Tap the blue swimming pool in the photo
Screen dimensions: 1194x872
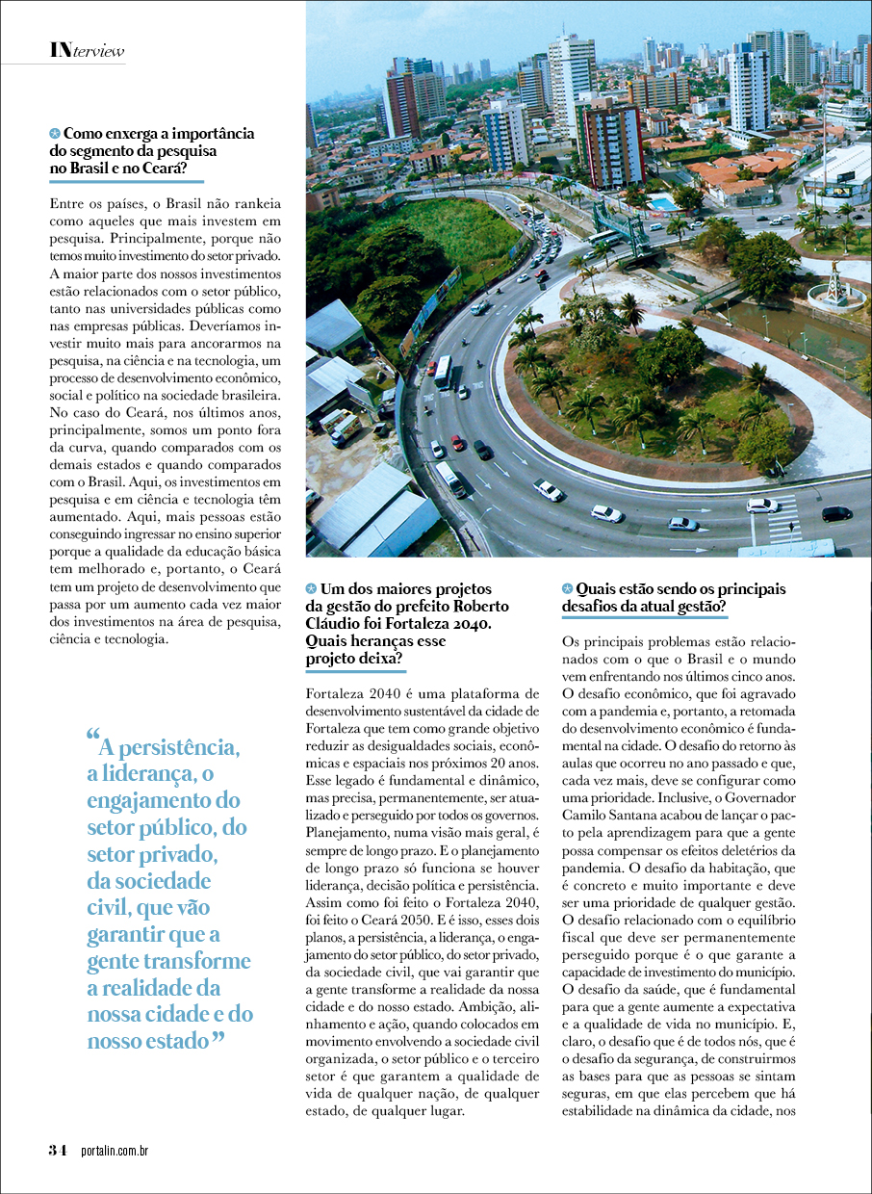click(x=663, y=204)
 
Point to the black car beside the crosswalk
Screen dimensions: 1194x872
click(x=835, y=513)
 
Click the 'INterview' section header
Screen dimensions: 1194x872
click(x=87, y=50)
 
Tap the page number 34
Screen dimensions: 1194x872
click(x=58, y=1150)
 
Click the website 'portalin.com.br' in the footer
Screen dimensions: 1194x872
click(x=114, y=1151)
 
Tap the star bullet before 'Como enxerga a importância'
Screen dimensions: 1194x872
click(x=55, y=134)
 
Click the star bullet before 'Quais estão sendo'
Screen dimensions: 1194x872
click(x=568, y=588)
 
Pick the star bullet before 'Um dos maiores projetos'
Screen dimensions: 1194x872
click(x=311, y=588)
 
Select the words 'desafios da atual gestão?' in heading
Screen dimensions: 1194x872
click(x=644, y=608)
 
